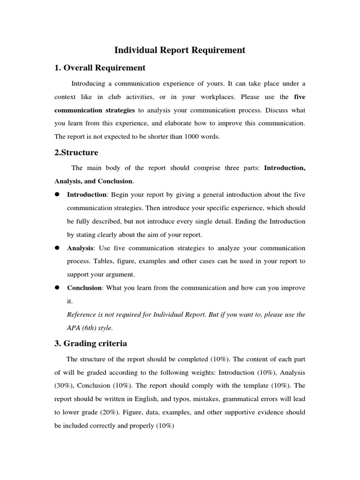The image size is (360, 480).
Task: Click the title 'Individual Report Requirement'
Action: point(180,50)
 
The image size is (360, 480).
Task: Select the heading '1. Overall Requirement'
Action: point(100,68)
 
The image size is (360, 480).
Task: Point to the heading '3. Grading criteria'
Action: point(90,343)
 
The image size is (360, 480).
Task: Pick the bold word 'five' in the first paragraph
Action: point(300,97)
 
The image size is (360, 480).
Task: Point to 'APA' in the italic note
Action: point(75,328)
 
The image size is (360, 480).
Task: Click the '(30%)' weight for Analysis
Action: point(65,386)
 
